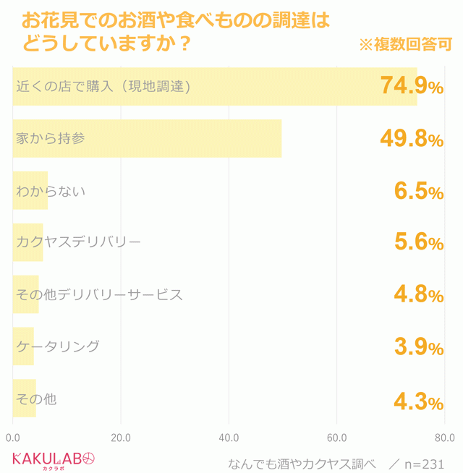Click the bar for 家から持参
click(x=147, y=138)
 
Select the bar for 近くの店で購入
click(x=214, y=87)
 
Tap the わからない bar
click(x=30, y=191)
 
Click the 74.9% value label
click(x=412, y=87)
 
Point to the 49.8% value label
click(x=412, y=139)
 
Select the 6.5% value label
click(x=418, y=191)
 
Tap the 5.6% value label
click(x=418, y=243)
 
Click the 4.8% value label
click(x=418, y=295)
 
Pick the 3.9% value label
click(x=418, y=347)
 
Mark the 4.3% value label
click(x=418, y=399)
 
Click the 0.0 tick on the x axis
click(x=13, y=438)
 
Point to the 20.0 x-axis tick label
click(x=120, y=438)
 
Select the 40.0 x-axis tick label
click(x=229, y=438)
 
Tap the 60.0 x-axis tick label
click(x=336, y=438)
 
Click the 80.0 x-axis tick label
click(x=444, y=438)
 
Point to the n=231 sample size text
click(x=424, y=464)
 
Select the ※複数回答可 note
click(x=405, y=45)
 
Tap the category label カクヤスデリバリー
click(x=78, y=242)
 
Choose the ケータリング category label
click(x=58, y=346)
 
